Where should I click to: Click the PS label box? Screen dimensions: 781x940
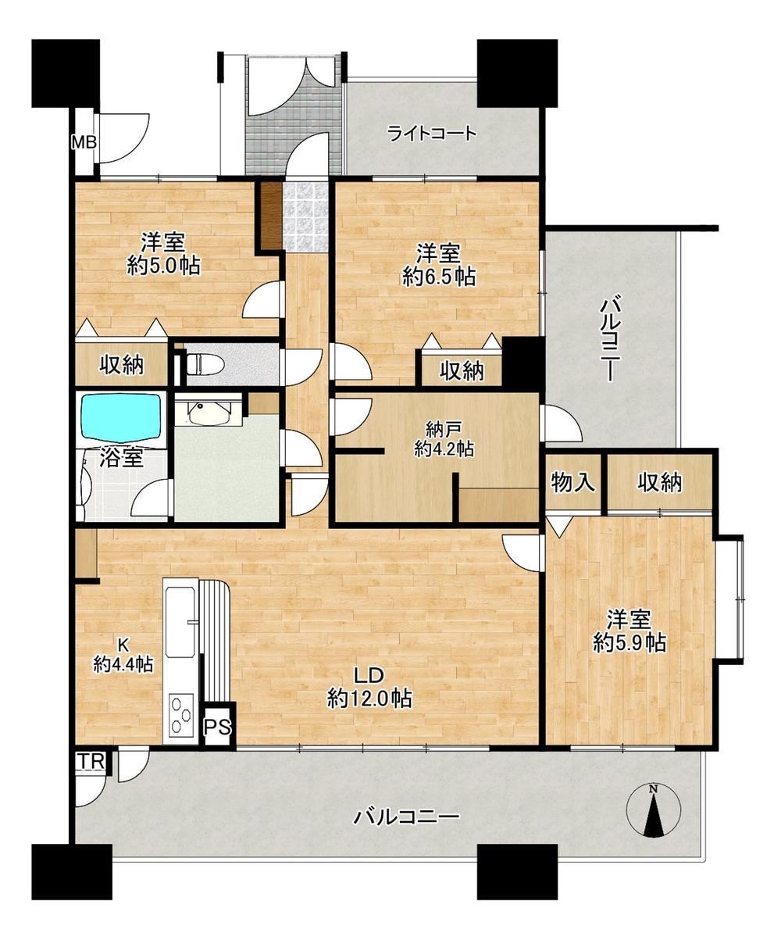point(218,727)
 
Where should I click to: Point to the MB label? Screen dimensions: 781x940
point(84,143)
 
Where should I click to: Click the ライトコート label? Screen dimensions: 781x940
point(431,134)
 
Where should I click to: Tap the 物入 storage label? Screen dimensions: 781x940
point(573,482)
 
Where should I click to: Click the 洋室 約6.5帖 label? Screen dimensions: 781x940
point(439,265)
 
